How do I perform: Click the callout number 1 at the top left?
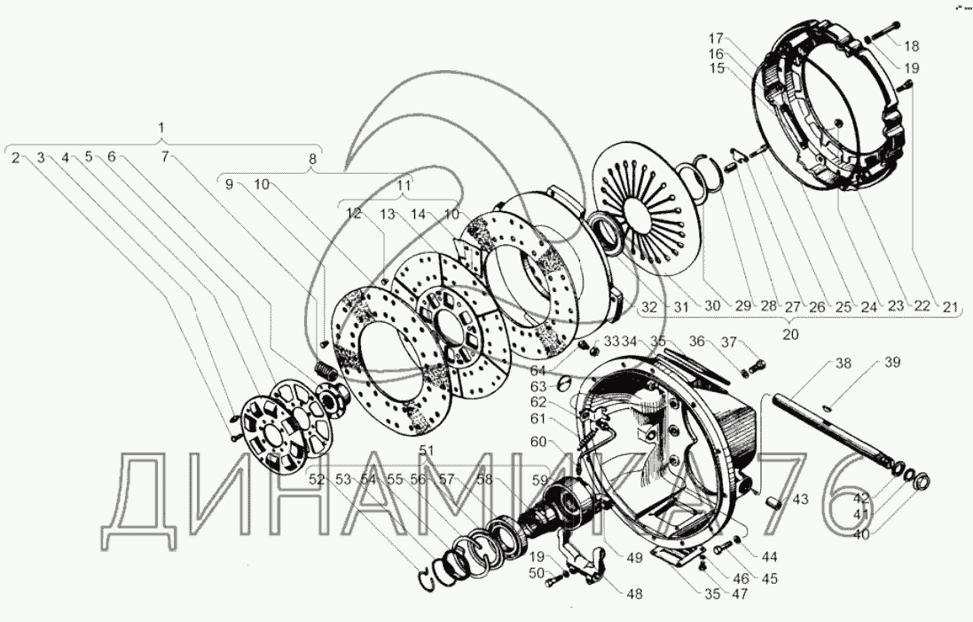pos(161,129)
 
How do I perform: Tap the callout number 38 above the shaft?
pos(844,363)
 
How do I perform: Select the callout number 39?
pos(891,362)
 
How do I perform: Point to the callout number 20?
pos(790,335)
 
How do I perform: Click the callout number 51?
pos(427,451)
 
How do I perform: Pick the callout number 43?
pos(801,499)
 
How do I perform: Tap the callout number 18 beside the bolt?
pos(912,46)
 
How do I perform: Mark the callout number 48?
pos(634,594)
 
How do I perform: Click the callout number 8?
pos(313,160)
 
